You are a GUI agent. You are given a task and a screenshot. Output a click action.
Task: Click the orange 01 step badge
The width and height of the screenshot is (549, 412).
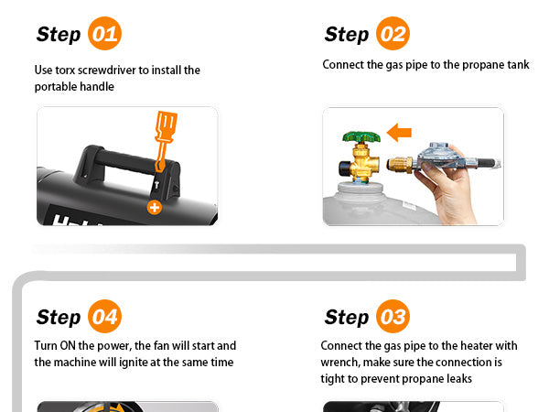click(x=104, y=33)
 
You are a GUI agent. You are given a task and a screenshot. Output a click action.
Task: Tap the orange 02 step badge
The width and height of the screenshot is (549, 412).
click(x=393, y=33)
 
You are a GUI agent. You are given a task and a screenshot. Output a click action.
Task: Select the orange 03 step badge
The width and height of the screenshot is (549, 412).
click(x=393, y=316)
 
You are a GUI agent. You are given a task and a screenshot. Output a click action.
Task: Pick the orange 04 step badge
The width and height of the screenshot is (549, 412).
click(x=104, y=316)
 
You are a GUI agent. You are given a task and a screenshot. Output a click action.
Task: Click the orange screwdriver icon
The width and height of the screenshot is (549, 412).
click(x=165, y=140)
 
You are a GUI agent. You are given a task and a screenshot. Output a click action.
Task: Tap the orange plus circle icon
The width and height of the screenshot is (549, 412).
click(x=154, y=208)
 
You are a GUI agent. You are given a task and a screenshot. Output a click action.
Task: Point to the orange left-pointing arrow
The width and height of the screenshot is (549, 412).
click(x=399, y=133)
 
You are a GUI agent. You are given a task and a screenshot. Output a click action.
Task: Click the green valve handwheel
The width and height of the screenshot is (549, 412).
click(x=361, y=136)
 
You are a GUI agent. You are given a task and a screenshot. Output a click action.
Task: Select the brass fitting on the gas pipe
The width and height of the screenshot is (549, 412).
click(x=400, y=164)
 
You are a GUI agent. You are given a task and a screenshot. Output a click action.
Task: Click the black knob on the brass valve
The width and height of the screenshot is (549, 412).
click(x=345, y=168)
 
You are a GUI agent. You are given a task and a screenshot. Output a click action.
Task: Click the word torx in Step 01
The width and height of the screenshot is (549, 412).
click(x=65, y=70)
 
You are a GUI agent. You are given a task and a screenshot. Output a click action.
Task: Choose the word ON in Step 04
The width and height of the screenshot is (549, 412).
click(x=68, y=346)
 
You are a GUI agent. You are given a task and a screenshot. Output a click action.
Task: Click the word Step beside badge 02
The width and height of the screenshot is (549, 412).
click(x=347, y=35)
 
